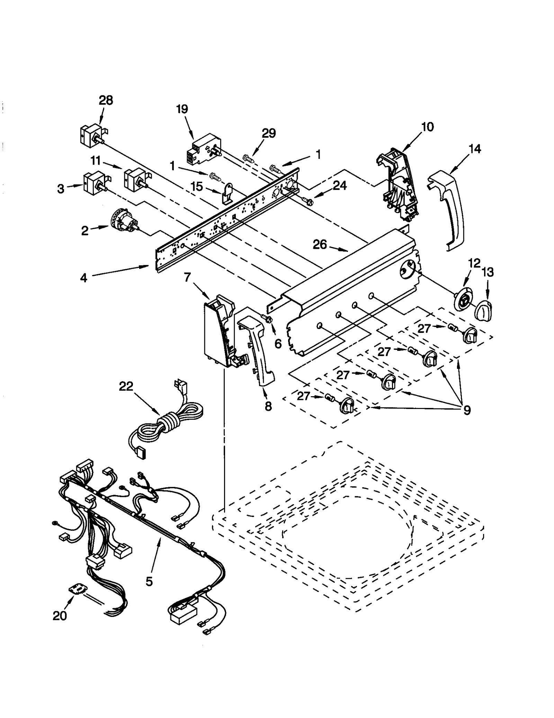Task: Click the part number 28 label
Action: [x=106, y=100]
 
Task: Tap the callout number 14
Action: [x=475, y=149]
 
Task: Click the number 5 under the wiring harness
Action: [x=149, y=581]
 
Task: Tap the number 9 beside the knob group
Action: [x=466, y=410]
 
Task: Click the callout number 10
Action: [x=427, y=127]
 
